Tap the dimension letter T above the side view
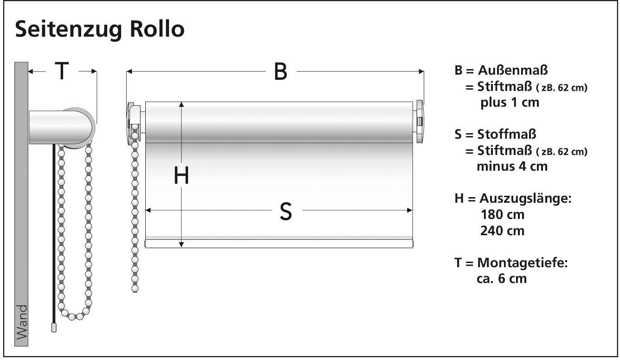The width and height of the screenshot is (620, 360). click(x=62, y=71)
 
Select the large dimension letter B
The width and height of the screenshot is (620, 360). click(x=280, y=71)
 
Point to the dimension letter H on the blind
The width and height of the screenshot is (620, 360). click(x=181, y=176)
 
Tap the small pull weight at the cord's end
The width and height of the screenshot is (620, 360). click(x=53, y=328)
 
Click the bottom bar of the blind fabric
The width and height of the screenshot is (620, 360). click(x=279, y=244)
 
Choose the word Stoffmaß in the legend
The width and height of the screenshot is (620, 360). click(x=507, y=135)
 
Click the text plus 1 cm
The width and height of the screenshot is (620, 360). click(x=510, y=103)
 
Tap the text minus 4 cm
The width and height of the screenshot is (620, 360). click(x=512, y=166)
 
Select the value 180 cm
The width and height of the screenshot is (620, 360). click(x=502, y=215)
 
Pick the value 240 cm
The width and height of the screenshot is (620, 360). click(x=502, y=231)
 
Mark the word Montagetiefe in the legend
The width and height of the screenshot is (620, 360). click(x=522, y=263)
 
